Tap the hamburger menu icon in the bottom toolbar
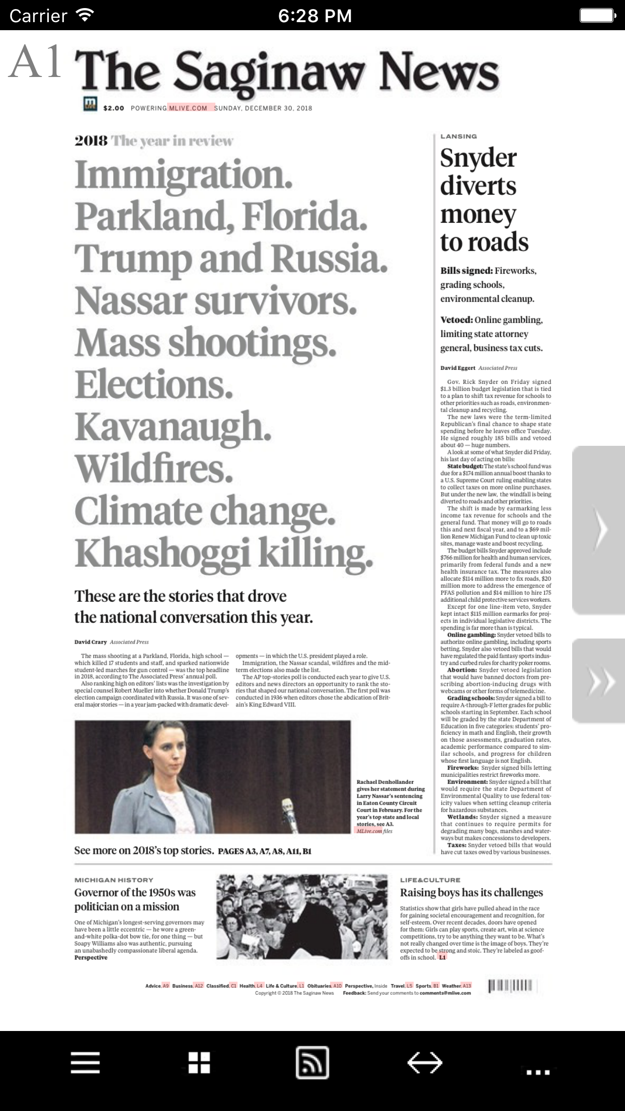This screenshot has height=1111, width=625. [x=85, y=1063]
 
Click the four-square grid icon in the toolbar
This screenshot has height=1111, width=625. [x=199, y=1063]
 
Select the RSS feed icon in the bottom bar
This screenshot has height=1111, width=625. [x=312, y=1063]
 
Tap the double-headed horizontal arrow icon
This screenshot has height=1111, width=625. [x=425, y=1063]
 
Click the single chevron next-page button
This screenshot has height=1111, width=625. [x=599, y=529]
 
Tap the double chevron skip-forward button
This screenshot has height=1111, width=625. [x=599, y=681]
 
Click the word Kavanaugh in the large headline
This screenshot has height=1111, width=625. [x=173, y=427]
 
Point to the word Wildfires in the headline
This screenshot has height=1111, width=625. [x=153, y=468]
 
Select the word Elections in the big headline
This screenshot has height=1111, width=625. [x=154, y=385]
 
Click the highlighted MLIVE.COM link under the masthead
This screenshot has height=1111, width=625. [x=188, y=108]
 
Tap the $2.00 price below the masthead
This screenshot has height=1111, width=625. [x=114, y=108]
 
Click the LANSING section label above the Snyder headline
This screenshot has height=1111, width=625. [x=458, y=136]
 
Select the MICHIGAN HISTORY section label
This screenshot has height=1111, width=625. [x=114, y=880]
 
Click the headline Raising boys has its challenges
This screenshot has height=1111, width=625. [x=472, y=893]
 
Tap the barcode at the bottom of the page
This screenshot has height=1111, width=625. [x=510, y=986]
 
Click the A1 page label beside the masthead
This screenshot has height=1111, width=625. [x=35, y=62]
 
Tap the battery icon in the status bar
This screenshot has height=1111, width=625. [x=597, y=15]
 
